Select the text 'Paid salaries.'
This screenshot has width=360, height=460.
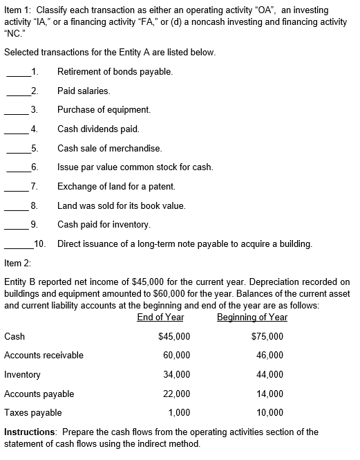[84, 91]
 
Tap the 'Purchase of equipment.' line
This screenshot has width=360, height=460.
[104, 109]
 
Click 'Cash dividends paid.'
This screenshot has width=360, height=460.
[98, 129]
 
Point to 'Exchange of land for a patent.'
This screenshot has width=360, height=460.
[116, 186]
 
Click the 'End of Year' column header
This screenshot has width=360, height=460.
[160, 317]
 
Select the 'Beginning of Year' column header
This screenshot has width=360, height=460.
[252, 317]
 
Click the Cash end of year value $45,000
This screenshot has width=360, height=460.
[174, 336]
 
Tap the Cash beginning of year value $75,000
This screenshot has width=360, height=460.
[267, 336]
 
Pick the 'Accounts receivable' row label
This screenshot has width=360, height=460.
[44, 355]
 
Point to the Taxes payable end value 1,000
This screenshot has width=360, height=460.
[180, 412]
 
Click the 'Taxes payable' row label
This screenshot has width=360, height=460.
[32, 412]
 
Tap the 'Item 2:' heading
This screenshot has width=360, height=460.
[19, 263]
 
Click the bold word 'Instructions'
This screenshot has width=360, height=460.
[28, 432]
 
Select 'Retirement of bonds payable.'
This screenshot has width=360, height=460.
[115, 71]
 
